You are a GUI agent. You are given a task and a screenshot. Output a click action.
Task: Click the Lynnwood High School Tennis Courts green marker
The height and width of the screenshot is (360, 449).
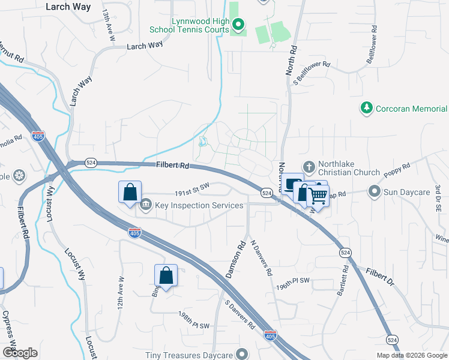238,25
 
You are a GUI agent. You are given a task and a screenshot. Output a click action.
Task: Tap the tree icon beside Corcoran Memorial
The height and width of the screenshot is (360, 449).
366,108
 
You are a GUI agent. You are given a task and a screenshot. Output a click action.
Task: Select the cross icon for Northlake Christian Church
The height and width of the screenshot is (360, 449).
309,166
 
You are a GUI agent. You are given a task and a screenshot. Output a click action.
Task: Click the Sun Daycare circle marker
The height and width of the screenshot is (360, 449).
375,191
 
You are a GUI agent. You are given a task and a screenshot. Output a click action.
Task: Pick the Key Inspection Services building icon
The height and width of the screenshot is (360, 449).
146,206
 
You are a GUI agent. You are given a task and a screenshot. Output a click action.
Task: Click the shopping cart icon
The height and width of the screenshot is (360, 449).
319,195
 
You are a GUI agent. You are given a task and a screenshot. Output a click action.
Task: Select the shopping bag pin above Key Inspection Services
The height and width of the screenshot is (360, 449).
130,193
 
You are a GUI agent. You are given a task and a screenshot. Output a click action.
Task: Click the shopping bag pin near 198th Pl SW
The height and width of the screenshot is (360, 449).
166,276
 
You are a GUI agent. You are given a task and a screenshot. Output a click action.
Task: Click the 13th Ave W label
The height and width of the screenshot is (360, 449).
109,25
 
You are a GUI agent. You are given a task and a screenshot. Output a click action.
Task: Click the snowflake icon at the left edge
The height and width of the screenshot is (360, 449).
20,176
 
